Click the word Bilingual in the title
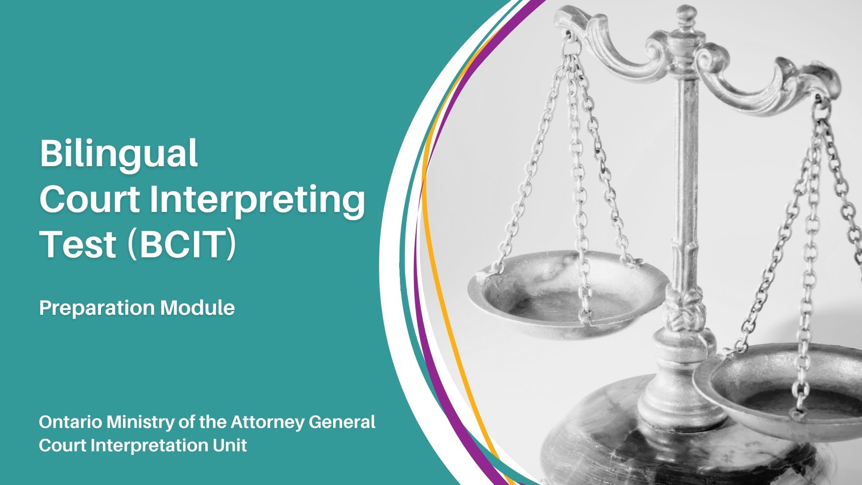click(x=119, y=154)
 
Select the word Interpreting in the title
click(x=257, y=201)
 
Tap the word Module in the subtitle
click(x=198, y=308)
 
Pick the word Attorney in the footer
click(x=267, y=423)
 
